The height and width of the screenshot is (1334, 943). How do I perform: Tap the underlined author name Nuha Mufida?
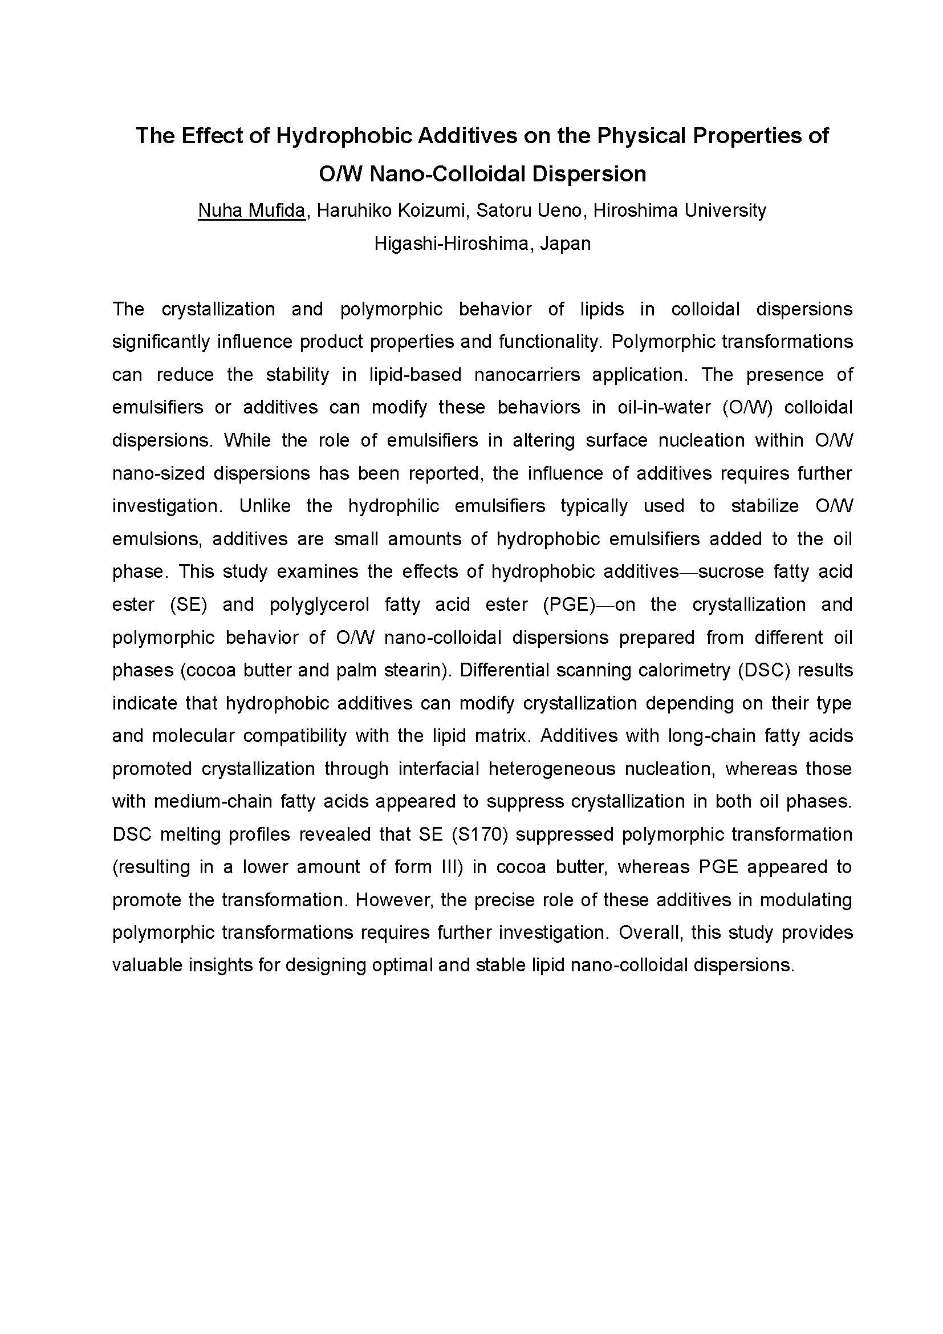pyautogui.click(x=251, y=210)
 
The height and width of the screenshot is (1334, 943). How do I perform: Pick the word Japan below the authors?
pyautogui.click(x=565, y=243)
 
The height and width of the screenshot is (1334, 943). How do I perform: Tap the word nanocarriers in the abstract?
pyautogui.click(x=527, y=375)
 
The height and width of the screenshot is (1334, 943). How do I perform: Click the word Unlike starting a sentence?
pyautogui.click(x=265, y=506)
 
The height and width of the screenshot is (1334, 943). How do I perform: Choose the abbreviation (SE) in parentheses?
pyautogui.click(x=188, y=605)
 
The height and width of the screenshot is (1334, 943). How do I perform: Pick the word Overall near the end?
pyautogui.click(x=646, y=932)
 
